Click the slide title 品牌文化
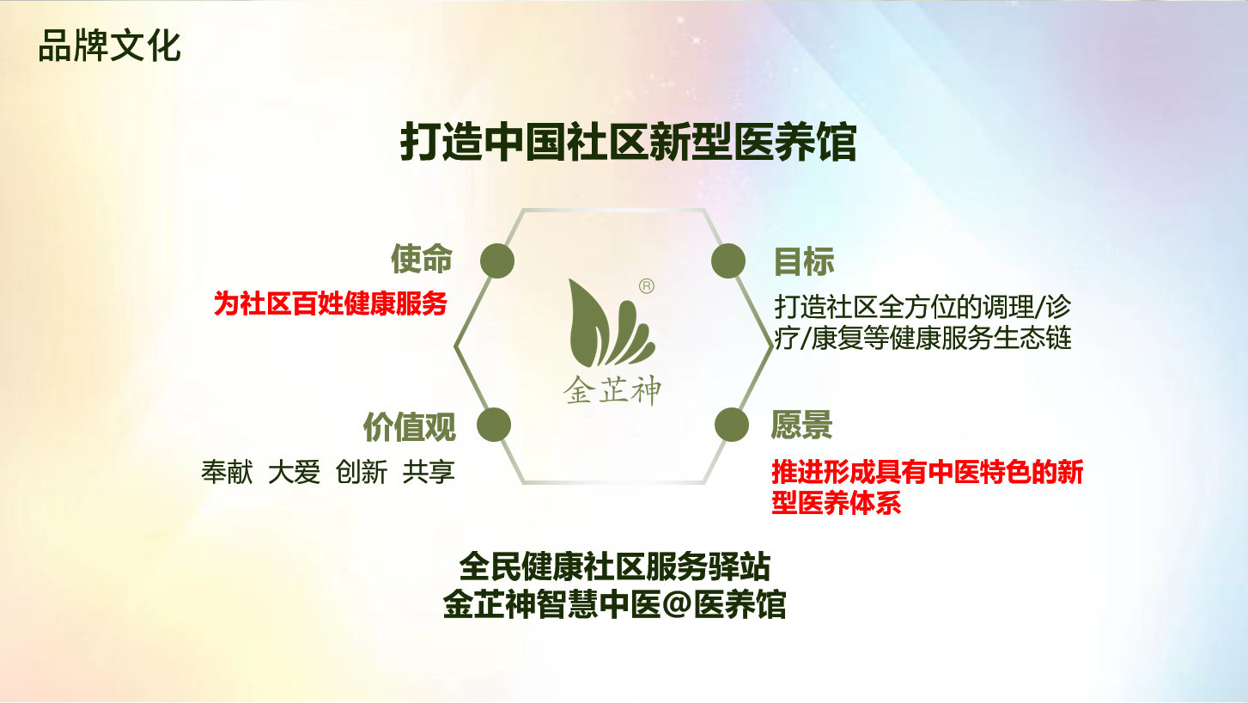[x=109, y=46]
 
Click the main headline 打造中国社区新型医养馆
[x=628, y=143]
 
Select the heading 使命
[x=422, y=260]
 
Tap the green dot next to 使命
[x=497, y=260]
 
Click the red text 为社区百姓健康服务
[x=331, y=303]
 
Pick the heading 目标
[x=804, y=261]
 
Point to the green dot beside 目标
[x=728, y=260]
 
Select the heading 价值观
[x=410, y=427]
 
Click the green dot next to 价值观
[x=494, y=425]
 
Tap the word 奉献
[x=227, y=472]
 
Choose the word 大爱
[x=294, y=472]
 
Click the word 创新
[x=361, y=472]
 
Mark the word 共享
[x=429, y=472]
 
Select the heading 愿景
[x=801, y=425]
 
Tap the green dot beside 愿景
[x=732, y=425]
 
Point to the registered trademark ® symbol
[x=646, y=286]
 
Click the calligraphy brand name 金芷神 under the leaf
[x=612, y=389]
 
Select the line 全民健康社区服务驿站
[x=615, y=566]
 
